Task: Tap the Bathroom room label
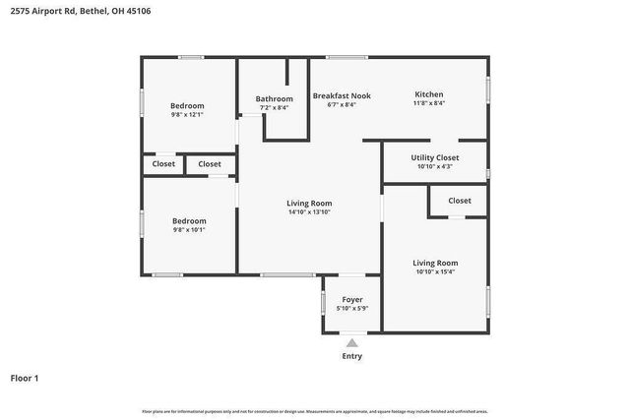(x=274, y=98)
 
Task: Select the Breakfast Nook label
(x=342, y=95)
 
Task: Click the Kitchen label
(x=428, y=94)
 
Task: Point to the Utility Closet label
(x=434, y=157)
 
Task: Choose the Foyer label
(x=352, y=299)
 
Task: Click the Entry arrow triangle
(x=351, y=342)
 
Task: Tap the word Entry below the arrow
(x=351, y=356)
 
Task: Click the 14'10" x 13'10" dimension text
(x=309, y=211)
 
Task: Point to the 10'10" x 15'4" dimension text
(x=434, y=272)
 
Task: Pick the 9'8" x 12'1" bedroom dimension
(x=187, y=114)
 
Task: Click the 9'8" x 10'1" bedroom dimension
(x=187, y=230)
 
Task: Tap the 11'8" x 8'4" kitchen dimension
(x=428, y=103)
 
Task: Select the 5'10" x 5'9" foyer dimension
(x=352, y=308)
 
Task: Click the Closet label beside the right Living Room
(x=459, y=201)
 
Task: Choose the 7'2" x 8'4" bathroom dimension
(x=274, y=107)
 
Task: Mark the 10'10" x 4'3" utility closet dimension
(x=434, y=166)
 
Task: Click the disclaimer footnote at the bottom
(x=315, y=411)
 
